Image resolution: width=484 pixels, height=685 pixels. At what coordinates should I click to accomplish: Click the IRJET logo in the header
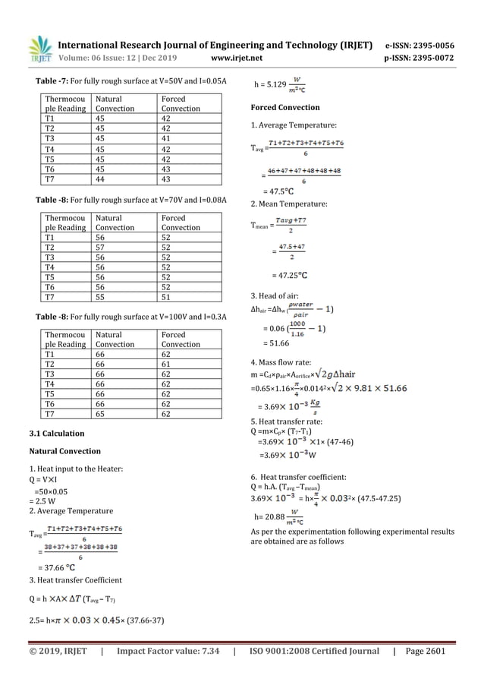tap(39, 49)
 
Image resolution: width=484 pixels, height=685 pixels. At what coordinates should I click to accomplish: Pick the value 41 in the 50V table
tap(166, 139)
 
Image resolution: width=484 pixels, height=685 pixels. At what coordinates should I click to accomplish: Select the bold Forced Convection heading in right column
tap(285, 108)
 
